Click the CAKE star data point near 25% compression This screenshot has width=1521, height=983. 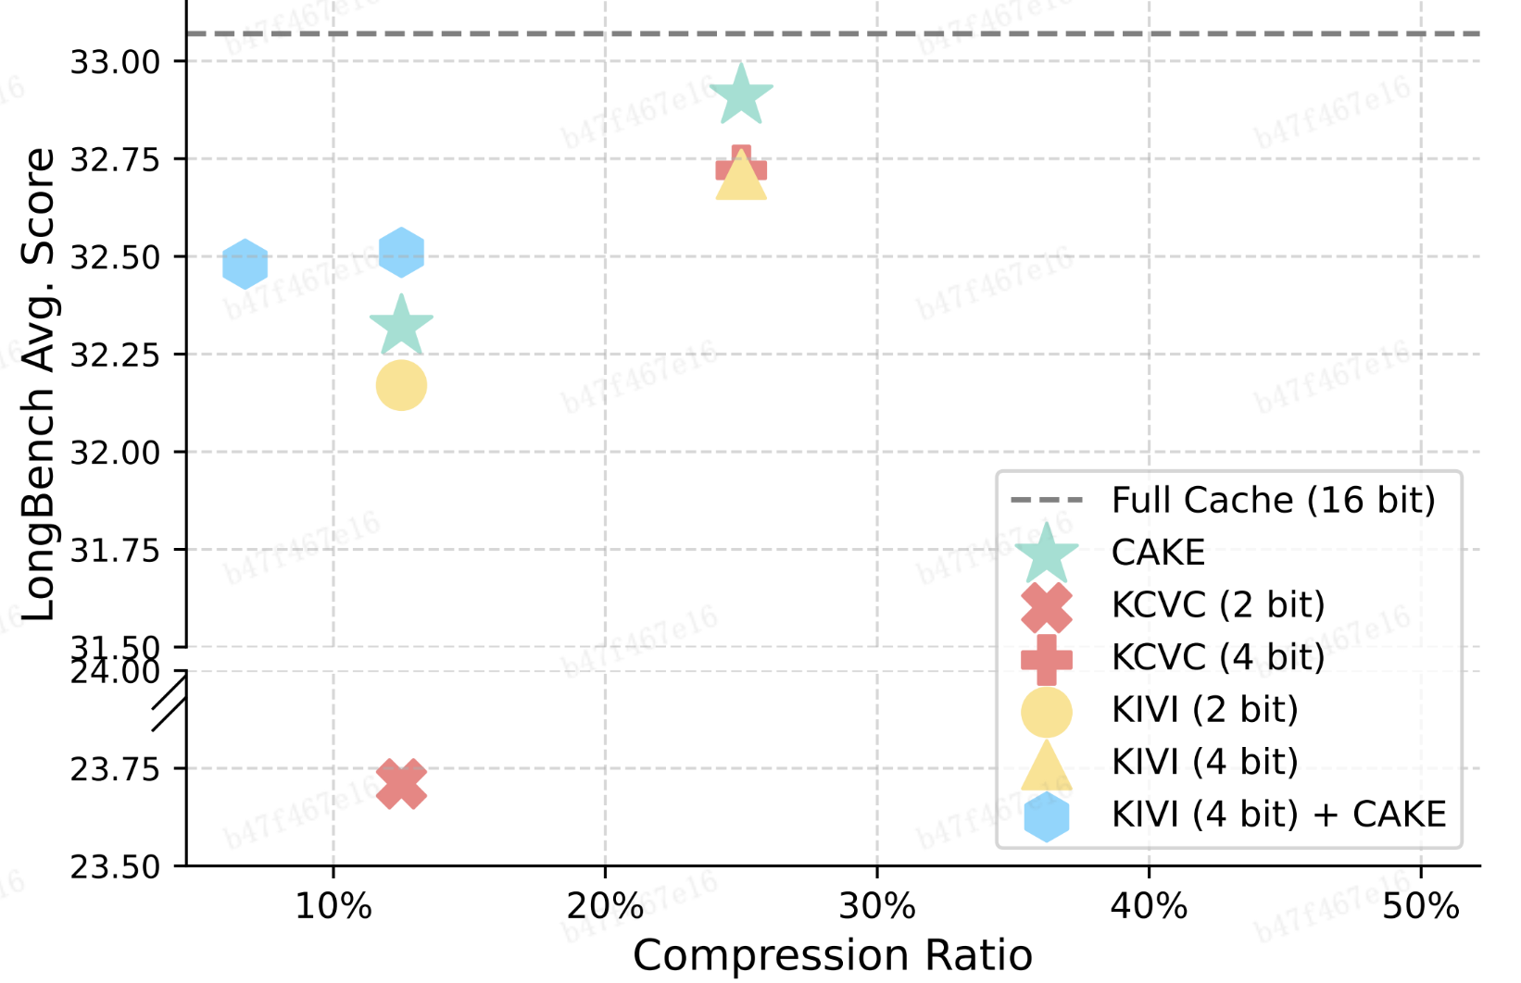(x=741, y=95)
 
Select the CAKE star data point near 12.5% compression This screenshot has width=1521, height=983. (x=401, y=327)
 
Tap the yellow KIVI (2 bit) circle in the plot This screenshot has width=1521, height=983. (x=401, y=385)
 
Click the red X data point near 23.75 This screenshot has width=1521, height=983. (x=401, y=784)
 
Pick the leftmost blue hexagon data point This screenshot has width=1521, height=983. (x=245, y=264)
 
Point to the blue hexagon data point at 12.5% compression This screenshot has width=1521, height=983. (x=401, y=252)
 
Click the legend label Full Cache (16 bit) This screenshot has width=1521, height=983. (x=1273, y=500)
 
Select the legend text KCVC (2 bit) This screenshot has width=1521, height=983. (x=1218, y=604)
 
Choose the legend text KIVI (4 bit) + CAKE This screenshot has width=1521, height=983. (x=1278, y=815)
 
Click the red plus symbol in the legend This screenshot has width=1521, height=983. (x=1047, y=659)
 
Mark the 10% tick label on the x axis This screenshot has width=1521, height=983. (x=333, y=906)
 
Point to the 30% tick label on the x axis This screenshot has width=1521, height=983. (x=877, y=906)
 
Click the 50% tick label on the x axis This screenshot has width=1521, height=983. (x=1421, y=906)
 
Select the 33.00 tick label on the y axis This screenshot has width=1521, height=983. (x=116, y=62)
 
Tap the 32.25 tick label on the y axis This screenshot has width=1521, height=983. (x=116, y=355)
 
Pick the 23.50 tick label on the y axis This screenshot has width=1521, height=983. (x=116, y=867)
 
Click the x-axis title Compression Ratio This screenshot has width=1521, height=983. (x=832, y=955)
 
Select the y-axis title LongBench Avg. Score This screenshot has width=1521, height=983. (x=39, y=384)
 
